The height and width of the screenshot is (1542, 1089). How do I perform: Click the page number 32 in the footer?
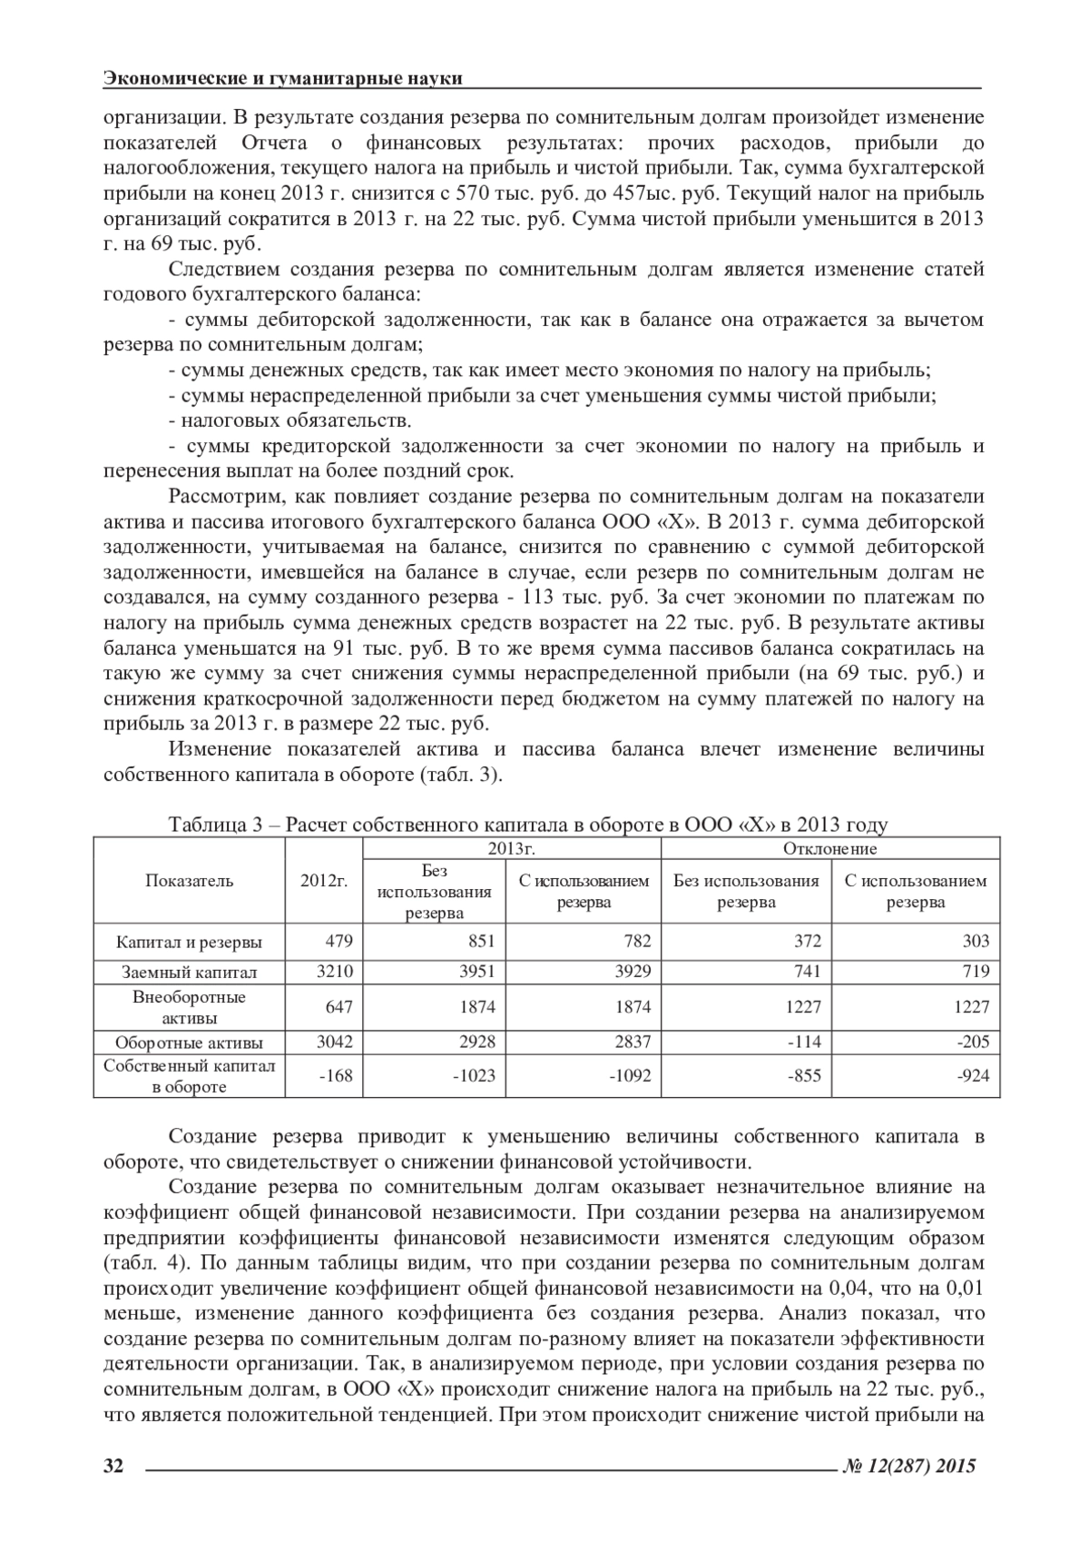coord(113,1465)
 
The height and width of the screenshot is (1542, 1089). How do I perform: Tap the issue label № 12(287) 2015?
coord(910,1465)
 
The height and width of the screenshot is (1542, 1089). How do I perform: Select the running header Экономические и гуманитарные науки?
coord(283,78)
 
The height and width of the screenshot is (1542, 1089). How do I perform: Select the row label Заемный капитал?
coord(190,972)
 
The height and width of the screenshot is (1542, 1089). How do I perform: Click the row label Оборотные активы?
coord(190,1042)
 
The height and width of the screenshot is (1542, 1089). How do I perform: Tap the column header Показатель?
coord(190,880)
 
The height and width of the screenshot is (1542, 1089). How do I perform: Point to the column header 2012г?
coord(324,880)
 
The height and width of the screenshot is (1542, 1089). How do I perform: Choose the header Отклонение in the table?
coord(829,848)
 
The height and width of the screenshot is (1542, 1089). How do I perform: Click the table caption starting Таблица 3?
coord(527,825)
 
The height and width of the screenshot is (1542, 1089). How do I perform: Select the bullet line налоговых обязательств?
coord(290,420)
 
